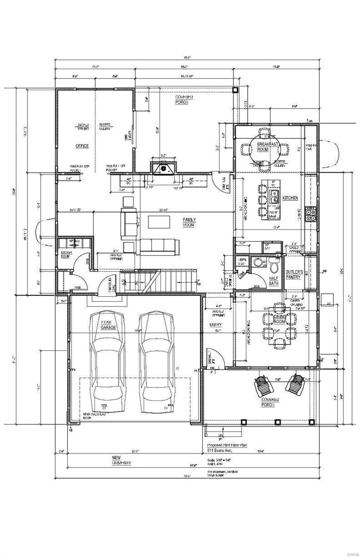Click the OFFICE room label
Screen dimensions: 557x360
[x=82, y=146]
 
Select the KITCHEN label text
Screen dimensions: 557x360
[x=290, y=198]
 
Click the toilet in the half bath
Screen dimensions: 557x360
[x=274, y=266]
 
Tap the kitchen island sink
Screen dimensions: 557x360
[x=274, y=194]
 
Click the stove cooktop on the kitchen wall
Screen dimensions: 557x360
[x=311, y=214]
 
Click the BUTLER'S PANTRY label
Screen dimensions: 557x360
[x=294, y=274]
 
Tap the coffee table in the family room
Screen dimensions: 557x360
[x=159, y=222]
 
